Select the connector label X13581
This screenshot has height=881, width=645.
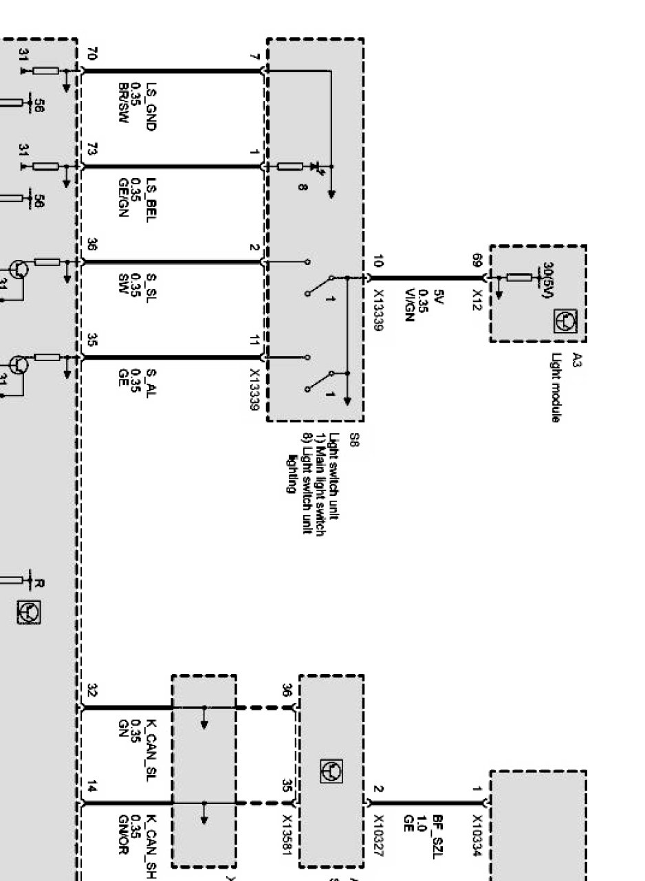coord(287,836)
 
